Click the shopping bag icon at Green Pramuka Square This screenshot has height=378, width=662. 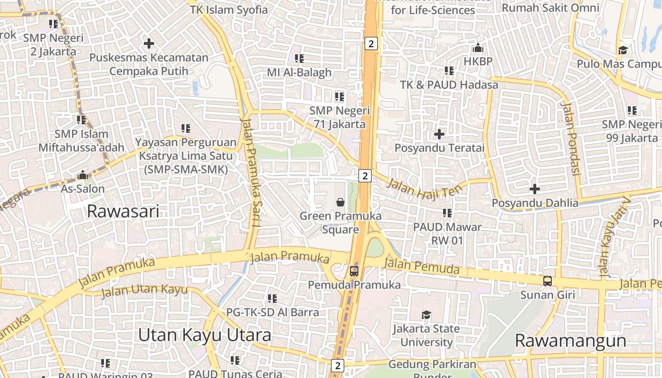tap(340, 203)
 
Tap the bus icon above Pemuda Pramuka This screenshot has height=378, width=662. tap(354, 271)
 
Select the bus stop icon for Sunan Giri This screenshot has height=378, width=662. tap(547, 281)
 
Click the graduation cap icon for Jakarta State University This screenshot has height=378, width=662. tap(426, 315)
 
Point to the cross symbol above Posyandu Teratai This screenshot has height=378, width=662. tap(439, 134)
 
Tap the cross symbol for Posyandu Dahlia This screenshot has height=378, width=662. tap(535, 189)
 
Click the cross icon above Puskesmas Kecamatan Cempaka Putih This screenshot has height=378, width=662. tap(149, 43)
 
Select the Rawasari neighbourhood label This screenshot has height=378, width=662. tap(123, 211)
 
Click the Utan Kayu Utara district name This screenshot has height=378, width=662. tap(204, 335)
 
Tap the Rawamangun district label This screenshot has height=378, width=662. tap(570, 340)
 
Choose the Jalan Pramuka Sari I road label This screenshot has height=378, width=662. tap(250, 172)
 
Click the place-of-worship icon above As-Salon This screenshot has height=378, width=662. tap(83, 175)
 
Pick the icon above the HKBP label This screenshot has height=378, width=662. tap(478, 48)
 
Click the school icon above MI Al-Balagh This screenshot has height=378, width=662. tap(299, 59)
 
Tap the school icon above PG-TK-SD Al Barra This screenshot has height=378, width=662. tap(272, 299)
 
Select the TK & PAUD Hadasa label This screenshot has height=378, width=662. tap(449, 85)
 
